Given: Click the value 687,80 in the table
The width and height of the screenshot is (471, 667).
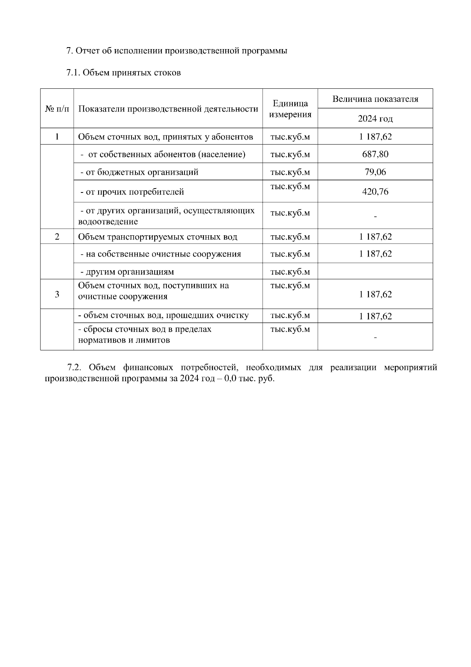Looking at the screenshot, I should (x=375, y=154).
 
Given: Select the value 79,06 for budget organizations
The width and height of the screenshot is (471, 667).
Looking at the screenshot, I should (x=375, y=172).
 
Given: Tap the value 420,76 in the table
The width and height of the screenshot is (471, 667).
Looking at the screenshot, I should (x=375, y=192).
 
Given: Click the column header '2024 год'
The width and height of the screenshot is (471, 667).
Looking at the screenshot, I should (x=375, y=119).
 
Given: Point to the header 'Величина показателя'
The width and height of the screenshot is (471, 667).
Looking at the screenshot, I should (x=375, y=99).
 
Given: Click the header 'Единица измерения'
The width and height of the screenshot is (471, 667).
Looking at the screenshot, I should (x=290, y=109).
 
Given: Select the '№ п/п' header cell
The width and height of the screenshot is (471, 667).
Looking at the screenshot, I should (x=57, y=109).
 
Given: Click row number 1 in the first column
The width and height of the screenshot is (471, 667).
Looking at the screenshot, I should (x=57, y=137).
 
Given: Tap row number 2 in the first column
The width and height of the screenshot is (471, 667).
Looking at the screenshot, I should (x=57, y=237).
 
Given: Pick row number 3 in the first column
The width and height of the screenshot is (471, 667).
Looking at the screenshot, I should (x=57, y=294).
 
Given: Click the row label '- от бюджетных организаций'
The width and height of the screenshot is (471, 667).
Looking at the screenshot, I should (x=139, y=172).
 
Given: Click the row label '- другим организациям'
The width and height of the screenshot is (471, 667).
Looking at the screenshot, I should (x=127, y=272).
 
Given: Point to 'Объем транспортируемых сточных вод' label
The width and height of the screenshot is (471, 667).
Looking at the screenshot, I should (x=158, y=237).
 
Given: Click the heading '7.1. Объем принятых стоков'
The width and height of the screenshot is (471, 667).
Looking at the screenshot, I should (x=124, y=73).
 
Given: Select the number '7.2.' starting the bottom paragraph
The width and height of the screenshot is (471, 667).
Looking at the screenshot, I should (x=74, y=368).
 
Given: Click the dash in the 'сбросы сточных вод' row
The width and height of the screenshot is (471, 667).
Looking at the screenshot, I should (x=375, y=337).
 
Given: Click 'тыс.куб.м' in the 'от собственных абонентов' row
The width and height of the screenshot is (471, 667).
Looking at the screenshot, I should (x=290, y=154).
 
